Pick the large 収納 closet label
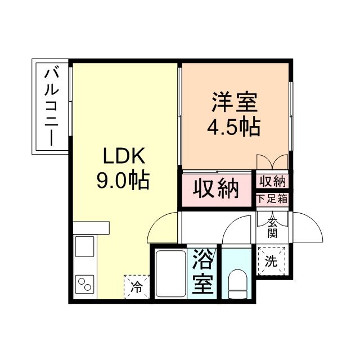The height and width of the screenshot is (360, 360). (x=216, y=188)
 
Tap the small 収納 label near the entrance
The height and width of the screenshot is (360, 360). (x=273, y=181)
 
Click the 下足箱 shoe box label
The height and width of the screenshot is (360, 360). (x=273, y=198)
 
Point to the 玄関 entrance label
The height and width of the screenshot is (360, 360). (x=273, y=227)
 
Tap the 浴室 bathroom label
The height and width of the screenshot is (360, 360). (x=203, y=272)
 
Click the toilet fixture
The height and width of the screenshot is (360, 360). (x=239, y=285)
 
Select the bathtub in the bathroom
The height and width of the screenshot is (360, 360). (x=170, y=273)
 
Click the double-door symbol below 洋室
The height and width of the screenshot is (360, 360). (x=272, y=161)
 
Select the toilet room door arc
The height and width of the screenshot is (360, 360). (x=236, y=229)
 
